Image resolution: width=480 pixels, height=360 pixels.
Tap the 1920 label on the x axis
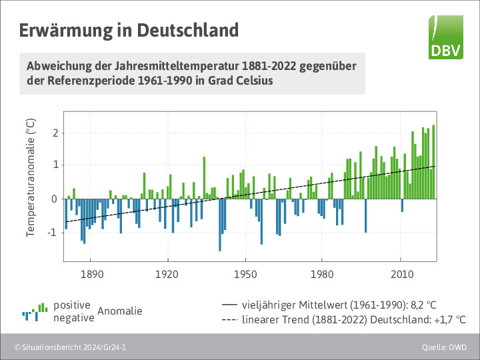[168, 274]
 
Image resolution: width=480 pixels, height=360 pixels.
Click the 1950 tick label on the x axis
[245, 274]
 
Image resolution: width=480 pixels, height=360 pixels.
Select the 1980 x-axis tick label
[323, 274]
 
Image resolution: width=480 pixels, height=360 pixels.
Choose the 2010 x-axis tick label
[400, 274]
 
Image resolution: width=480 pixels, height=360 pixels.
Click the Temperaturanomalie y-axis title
[30, 178]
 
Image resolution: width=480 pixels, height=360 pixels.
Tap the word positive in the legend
[72, 305]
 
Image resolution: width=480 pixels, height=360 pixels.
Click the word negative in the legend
[73, 318]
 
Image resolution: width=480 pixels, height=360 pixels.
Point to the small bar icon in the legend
[35, 311]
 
